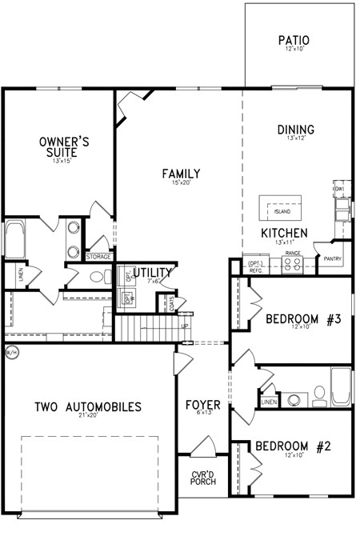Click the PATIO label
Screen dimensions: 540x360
tap(294, 40)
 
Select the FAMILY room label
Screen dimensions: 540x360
tap(180, 174)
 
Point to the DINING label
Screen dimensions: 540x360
tap(295, 130)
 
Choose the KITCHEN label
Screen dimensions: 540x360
tap(284, 233)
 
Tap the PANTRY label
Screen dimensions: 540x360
tap(333, 258)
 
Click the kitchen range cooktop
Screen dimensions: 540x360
tap(292, 264)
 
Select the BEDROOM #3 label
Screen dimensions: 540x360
tap(303, 319)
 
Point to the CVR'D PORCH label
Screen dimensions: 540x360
tap(203, 478)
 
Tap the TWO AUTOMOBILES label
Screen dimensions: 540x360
tap(88, 407)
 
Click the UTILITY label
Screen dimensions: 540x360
tap(152, 274)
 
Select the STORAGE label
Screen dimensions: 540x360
tap(99, 257)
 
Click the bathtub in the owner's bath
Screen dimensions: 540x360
tap(14, 240)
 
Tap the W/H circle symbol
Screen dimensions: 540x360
tap(10, 351)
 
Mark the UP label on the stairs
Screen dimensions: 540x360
tap(184, 326)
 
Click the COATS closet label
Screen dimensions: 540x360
tap(171, 303)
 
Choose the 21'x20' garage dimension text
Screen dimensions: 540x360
tap(88, 417)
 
